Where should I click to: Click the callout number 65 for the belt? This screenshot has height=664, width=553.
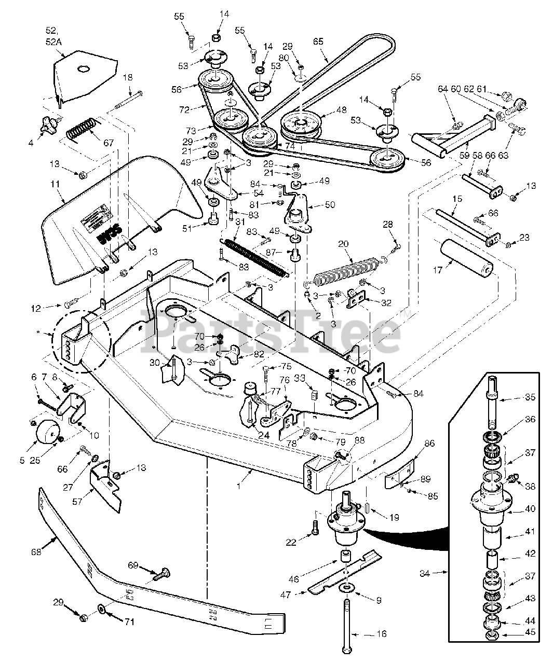pos(318,40)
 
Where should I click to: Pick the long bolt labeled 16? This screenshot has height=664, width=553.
pos(347,622)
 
